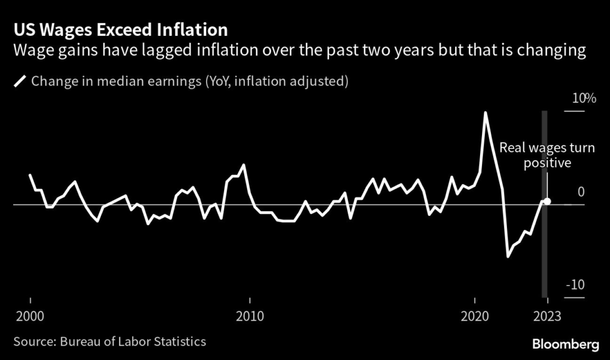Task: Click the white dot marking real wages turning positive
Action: (547, 201)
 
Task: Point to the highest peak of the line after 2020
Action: (485, 112)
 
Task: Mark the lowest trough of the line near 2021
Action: (508, 257)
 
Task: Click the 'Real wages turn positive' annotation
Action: (547, 155)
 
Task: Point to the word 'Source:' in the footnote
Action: (33, 342)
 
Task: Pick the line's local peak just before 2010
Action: (244, 165)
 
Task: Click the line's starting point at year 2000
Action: (30, 175)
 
